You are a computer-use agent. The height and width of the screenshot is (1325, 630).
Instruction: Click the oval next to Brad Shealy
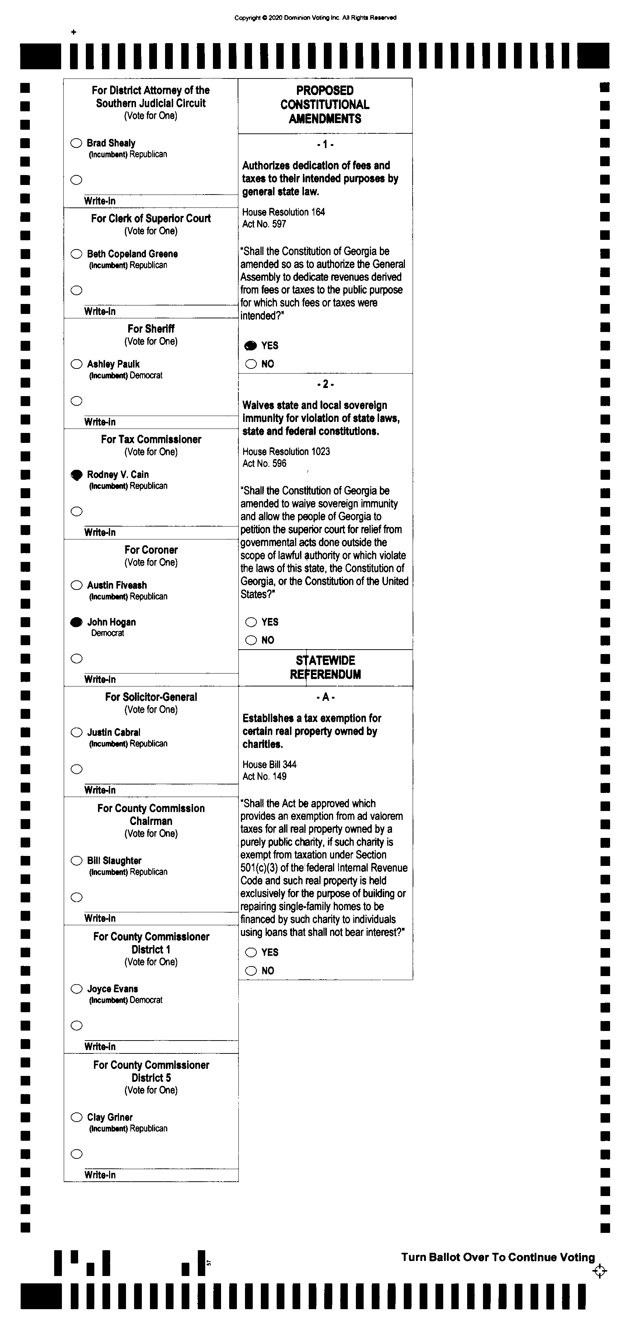pyautogui.click(x=76, y=143)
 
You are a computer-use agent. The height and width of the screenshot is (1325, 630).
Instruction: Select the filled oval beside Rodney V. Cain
pyautogui.click(x=76, y=475)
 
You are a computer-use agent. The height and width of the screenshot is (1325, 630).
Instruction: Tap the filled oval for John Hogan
pyautogui.click(x=76, y=622)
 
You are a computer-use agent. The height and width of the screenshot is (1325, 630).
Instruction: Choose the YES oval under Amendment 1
pyautogui.click(x=251, y=346)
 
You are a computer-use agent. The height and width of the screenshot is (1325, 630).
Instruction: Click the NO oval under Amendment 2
pyautogui.click(x=251, y=640)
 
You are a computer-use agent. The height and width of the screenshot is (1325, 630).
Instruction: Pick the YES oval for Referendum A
pyautogui.click(x=251, y=952)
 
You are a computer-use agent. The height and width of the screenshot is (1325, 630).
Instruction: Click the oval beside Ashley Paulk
pyautogui.click(x=77, y=364)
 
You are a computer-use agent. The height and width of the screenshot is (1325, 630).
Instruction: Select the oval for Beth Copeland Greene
pyautogui.click(x=77, y=254)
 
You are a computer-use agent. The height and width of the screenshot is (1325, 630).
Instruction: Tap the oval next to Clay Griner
pyautogui.click(x=77, y=1117)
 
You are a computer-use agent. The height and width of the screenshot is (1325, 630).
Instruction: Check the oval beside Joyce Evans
pyautogui.click(x=77, y=989)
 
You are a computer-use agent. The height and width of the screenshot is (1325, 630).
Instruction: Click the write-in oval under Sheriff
pyautogui.click(x=77, y=401)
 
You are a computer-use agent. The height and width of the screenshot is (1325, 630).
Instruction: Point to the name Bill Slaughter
pyautogui.click(x=114, y=860)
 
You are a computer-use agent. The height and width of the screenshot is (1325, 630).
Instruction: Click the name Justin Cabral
pyautogui.click(x=113, y=732)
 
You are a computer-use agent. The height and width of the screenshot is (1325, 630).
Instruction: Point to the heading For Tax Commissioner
pyautogui.click(x=151, y=439)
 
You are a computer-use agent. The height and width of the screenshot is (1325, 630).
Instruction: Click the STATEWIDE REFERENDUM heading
pyautogui.click(x=325, y=667)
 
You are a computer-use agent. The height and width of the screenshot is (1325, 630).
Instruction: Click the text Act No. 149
pyautogui.click(x=265, y=776)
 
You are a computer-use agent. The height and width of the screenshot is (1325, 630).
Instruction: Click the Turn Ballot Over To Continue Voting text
pyautogui.click(x=498, y=1257)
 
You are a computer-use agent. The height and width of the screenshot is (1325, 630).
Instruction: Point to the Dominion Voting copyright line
pyautogui.click(x=315, y=17)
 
